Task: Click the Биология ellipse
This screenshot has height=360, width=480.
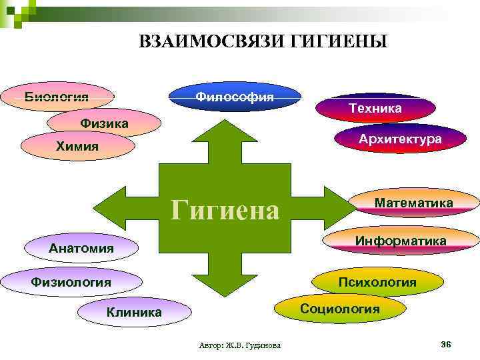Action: coord(57,97)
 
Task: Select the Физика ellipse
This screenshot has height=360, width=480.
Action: coord(104,123)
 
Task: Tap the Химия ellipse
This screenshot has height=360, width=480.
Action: coord(78,147)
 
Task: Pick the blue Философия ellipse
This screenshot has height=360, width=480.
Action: coord(235,97)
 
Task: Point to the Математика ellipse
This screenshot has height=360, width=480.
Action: coord(413,203)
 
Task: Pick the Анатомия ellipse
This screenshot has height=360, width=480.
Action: coord(81,249)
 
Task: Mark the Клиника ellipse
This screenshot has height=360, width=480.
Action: coord(134,311)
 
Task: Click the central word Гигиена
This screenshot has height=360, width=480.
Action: coord(225,211)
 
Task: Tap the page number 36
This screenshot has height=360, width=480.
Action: coord(446,343)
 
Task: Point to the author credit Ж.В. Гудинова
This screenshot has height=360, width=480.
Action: coord(240,345)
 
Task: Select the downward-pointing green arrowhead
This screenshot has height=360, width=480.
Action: coord(225,283)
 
